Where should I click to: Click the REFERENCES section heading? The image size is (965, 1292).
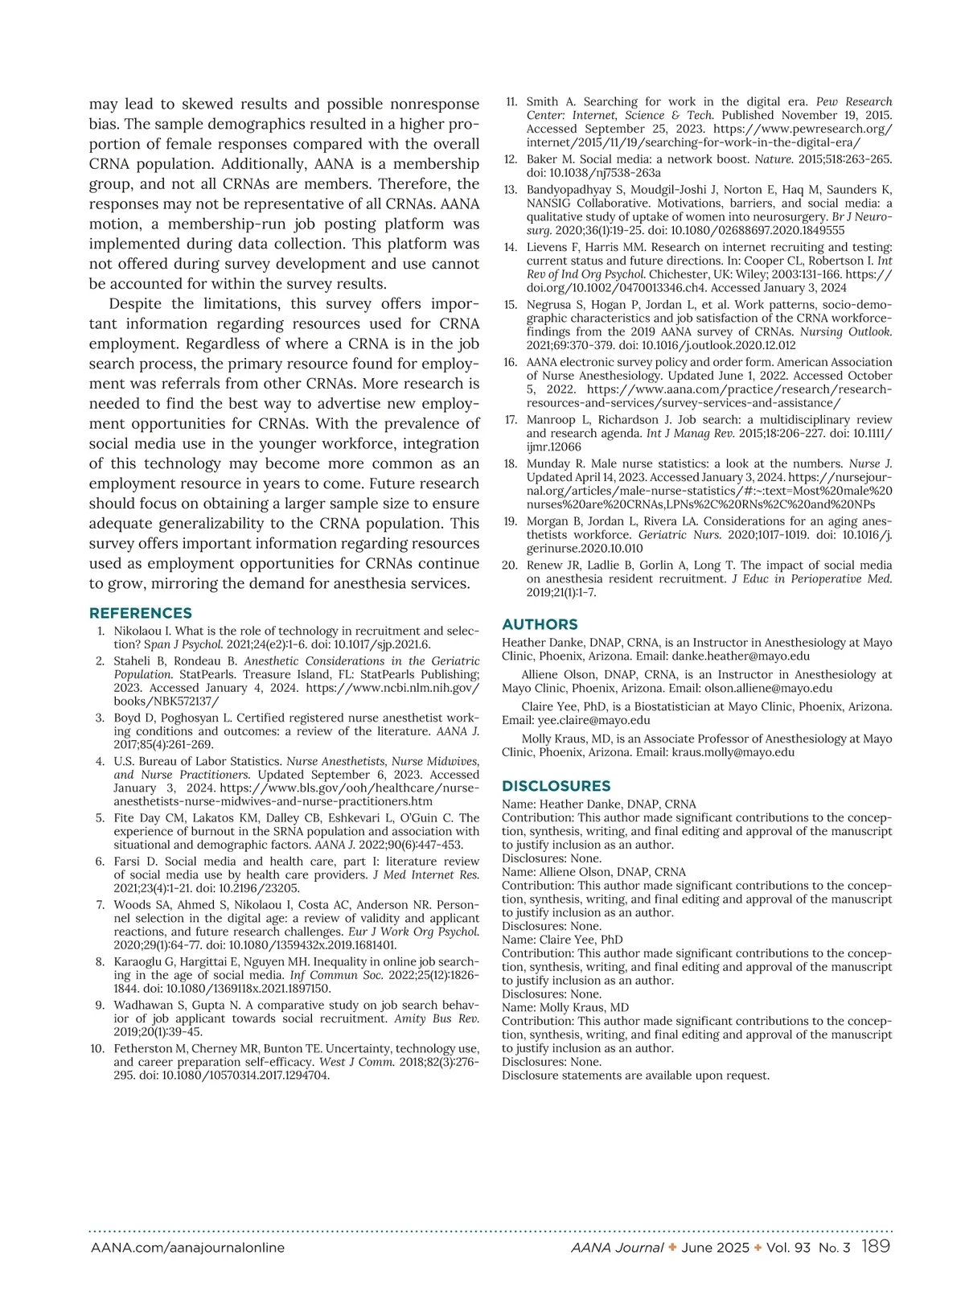141,613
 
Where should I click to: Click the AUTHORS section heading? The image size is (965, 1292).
540,624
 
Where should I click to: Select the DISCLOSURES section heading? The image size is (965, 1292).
556,786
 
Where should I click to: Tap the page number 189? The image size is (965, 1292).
876,1247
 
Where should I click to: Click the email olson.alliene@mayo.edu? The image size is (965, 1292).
768,688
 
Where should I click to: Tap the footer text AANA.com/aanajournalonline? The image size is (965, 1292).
187,1248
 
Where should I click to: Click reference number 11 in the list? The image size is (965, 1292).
511,102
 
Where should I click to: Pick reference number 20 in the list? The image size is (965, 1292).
509,566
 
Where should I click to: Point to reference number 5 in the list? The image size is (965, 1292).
100,818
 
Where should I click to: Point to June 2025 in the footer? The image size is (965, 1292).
710,1248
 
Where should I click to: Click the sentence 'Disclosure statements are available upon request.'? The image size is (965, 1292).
635,1075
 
